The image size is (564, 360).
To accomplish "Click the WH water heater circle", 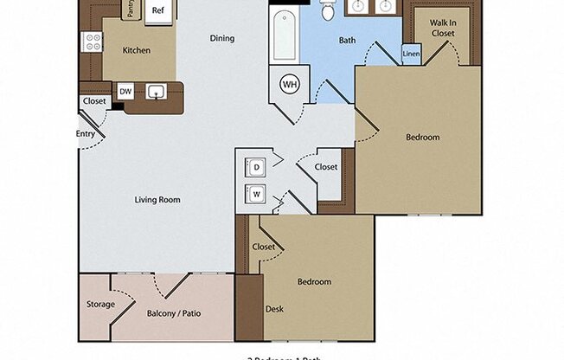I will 290,85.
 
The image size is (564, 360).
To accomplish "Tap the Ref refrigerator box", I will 157,10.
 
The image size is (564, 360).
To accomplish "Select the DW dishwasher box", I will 125,91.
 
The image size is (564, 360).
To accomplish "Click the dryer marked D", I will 257,167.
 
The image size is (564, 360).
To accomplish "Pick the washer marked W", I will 257,194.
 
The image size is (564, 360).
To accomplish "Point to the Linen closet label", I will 413,55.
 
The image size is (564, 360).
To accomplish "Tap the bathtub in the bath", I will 285,35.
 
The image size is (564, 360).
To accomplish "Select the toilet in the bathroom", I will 328,11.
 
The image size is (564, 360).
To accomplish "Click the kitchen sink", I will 157,91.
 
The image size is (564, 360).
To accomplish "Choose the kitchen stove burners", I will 91,42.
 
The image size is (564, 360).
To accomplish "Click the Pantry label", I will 130,10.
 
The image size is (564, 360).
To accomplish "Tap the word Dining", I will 222,39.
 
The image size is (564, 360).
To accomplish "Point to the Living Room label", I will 157,200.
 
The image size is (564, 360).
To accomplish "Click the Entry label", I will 86,133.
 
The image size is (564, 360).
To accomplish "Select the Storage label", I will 100,305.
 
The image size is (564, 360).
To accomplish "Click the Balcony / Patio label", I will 174,313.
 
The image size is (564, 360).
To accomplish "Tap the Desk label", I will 275,309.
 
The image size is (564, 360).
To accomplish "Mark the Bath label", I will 347,40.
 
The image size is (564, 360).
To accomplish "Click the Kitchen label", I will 137,50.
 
